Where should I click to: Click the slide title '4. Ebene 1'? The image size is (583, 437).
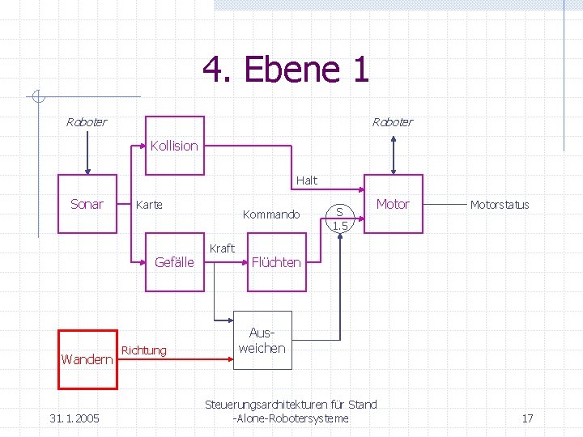tap(286, 70)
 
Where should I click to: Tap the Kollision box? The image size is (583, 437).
tap(173, 146)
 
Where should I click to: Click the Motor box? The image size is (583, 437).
tap(393, 204)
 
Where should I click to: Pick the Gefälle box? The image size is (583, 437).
tap(174, 261)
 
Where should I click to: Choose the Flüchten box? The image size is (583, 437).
tap(276, 261)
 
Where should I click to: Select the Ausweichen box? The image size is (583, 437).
tap(262, 341)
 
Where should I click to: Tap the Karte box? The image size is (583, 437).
tap(149, 205)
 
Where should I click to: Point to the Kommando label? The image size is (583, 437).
tap(271, 214)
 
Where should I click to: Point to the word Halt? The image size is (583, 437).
tap(307, 180)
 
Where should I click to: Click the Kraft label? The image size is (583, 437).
tap(222, 248)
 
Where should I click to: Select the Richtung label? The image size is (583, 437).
tap(143, 350)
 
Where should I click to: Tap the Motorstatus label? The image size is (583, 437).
tap(500, 205)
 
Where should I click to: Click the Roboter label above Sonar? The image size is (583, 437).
tap(86, 122)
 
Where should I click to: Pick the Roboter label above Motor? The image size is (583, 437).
tap(392, 122)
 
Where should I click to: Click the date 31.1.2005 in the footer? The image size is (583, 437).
tap(74, 418)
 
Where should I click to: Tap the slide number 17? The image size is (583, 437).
tap(527, 418)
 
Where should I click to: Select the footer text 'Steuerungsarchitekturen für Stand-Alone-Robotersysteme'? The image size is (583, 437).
tap(291, 411)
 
